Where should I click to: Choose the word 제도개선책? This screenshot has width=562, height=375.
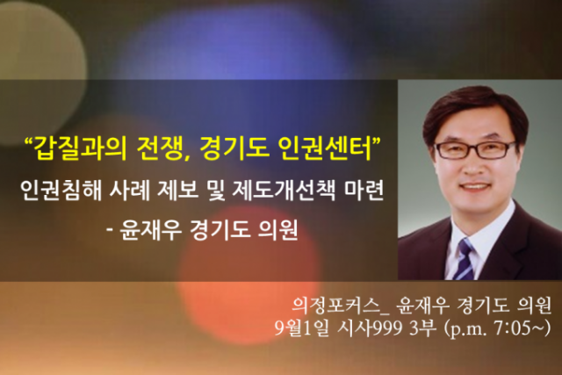284,190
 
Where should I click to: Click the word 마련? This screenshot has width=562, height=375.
364,190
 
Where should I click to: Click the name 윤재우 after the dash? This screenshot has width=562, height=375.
150,230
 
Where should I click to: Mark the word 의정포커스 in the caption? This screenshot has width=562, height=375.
335,305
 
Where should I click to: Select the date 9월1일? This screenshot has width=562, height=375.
301,328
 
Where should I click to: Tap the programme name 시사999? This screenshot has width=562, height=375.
369,328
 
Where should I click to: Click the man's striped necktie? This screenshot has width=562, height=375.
465,259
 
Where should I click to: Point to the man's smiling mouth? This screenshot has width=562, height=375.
475,186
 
